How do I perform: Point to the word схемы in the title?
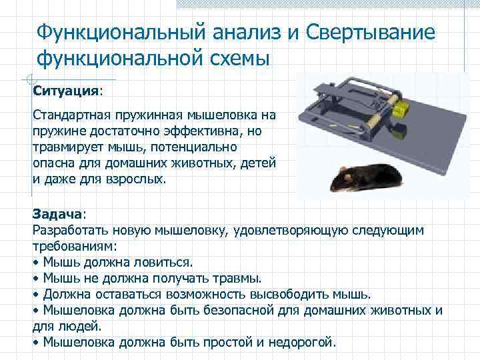(x=235, y=59)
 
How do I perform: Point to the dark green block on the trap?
(x=398, y=129)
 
